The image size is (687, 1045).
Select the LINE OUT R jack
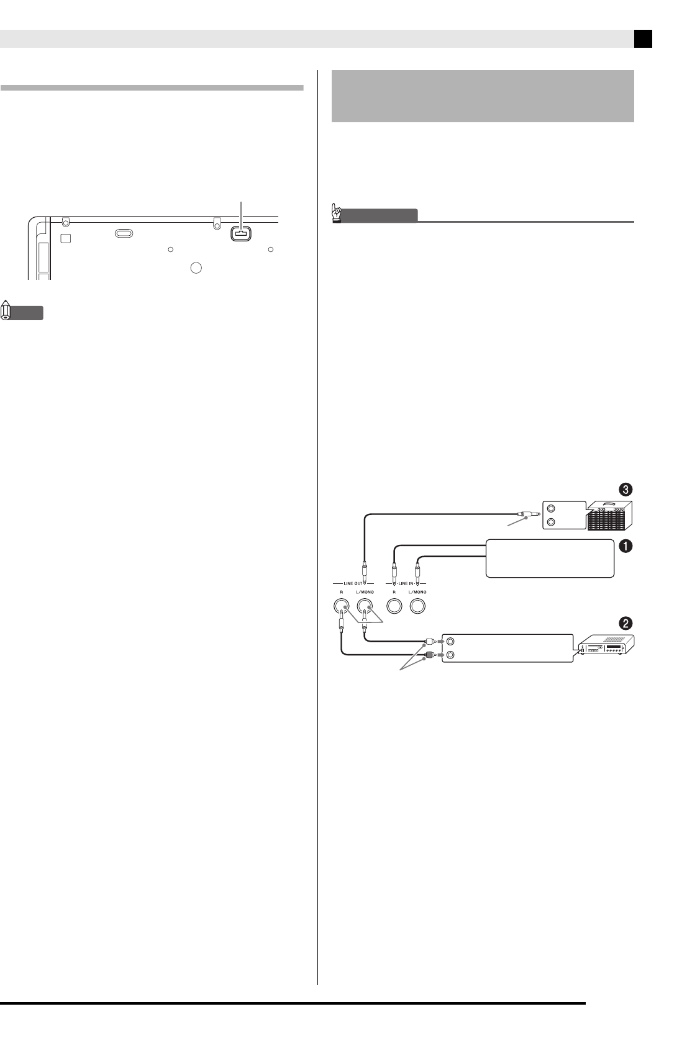click(x=341, y=604)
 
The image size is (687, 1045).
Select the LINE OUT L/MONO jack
click(x=365, y=604)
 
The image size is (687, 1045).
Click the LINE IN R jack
click(x=394, y=604)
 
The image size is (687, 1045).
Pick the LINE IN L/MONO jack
click(x=417, y=604)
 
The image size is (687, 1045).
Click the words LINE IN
click(x=405, y=583)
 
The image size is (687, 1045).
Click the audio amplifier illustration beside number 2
click(x=606, y=647)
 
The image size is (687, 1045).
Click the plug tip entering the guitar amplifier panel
click(x=525, y=514)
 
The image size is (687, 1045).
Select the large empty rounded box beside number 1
click(x=550, y=558)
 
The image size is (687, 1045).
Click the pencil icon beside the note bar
click(x=7, y=310)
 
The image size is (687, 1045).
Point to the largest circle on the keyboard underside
click(x=196, y=267)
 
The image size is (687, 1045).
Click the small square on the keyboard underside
click(x=65, y=238)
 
